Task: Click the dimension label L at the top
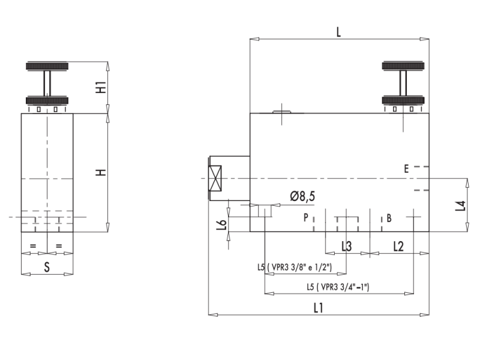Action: coord(338,32)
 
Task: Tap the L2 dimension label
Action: coord(399,246)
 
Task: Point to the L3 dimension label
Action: coord(347,246)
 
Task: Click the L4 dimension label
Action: coord(460,206)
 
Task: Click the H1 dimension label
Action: coord(101,87)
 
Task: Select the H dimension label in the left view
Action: coord(101,172)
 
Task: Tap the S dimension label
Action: coord(47,268)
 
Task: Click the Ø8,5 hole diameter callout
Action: coord(303,196)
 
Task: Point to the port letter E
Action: coord(406,170)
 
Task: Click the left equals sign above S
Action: coord(33,246)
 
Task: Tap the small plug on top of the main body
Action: coord(280,111)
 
